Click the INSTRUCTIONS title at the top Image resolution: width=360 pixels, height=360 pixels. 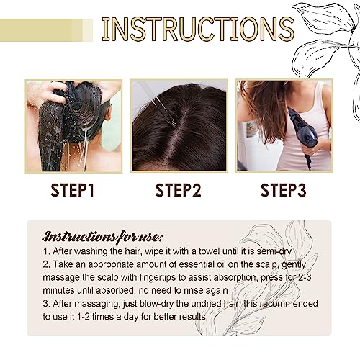click(x=197, y=30)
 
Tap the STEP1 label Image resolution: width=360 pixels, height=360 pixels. click(x=73, y=191)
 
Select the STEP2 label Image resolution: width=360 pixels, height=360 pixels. click(x=179, y=191)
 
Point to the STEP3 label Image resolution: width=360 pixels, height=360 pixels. click(x=284, y=191)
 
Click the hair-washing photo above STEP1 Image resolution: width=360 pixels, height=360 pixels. click(x=73, y=125)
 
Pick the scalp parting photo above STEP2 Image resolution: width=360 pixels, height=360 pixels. click(x=179, y=125)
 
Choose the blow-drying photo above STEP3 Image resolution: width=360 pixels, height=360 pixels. click(x=284, y=125)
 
